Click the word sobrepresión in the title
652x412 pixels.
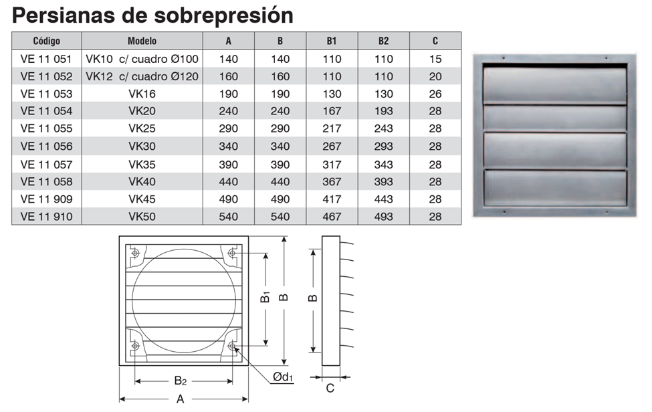[x=224, y=16]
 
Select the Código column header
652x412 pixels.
[x=47, y=41]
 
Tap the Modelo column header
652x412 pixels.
[x=142, y=41]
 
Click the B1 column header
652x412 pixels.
[x=332, y=41]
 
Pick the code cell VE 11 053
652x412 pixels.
[x=47, y=94]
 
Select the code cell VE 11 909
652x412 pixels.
[x=47, y=199]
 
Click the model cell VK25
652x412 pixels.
[x=142, y=128]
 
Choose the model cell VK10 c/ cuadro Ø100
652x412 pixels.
[x=142, y=59]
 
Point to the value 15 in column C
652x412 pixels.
[x=435, y=59]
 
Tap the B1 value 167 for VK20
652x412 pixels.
[x=332, y=111]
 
